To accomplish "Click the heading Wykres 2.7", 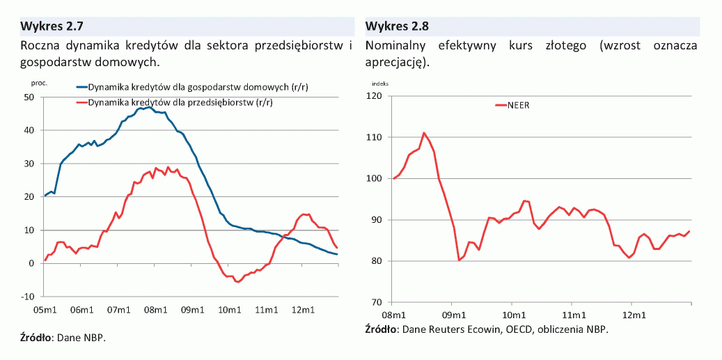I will coord(52,27).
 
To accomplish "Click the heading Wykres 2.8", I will coord(397,27).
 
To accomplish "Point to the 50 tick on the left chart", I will coord(29,97).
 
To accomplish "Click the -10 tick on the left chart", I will coord(27,297).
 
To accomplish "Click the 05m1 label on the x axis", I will coord(45,309).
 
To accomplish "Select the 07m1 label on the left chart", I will coord(119,309).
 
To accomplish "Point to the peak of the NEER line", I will coord(424,132).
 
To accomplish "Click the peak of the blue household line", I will coord(149,107).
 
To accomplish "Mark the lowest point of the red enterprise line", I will coord(237,282).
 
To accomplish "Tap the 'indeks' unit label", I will coord(380,83).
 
